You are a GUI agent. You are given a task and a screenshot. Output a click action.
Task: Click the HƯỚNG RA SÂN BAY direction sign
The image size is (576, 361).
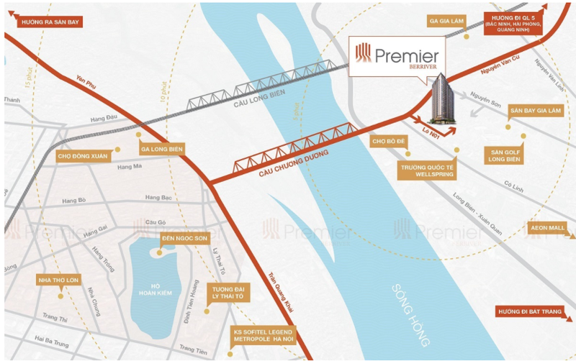click(43, 22)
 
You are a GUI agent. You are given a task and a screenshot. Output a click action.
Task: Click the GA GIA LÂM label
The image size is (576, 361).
click(447, 22)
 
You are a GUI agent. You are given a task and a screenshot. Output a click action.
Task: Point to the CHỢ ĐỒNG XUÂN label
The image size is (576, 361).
click(81, 155)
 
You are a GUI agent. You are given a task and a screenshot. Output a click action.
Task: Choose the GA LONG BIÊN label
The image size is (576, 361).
click(162, 149)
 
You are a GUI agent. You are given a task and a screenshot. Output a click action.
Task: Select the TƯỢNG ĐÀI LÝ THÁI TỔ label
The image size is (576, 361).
click(228, 293)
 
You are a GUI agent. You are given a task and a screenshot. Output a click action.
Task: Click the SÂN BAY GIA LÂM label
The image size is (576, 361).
click(535, 111)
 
